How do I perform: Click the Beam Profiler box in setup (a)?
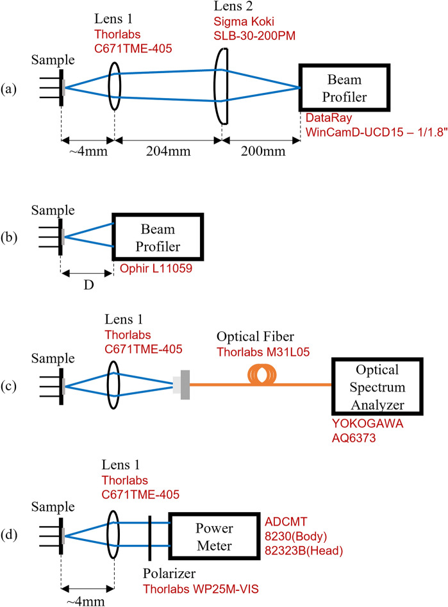coord(344,87)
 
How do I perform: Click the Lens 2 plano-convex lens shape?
coord(220,88)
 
